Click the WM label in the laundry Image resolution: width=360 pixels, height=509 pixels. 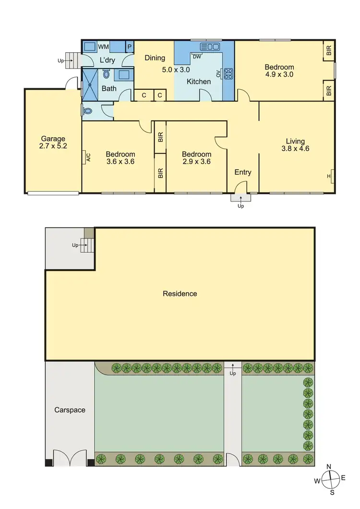103,47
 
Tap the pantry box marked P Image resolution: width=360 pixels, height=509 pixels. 129,47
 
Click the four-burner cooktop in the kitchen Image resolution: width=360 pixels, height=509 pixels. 228,74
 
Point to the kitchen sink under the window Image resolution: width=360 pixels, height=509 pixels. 210,47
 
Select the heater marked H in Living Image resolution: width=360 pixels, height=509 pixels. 329,176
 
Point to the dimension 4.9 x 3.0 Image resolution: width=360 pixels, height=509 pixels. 279,74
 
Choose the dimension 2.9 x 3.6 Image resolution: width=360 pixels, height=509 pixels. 196,162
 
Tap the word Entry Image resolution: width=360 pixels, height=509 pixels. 242,172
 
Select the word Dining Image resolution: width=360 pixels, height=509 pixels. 155,58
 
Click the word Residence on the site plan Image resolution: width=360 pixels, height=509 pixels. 180,294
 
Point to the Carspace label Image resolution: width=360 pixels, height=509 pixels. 70,410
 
